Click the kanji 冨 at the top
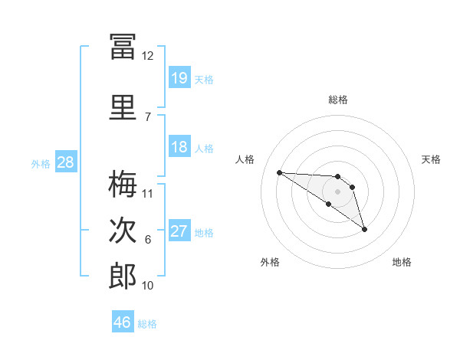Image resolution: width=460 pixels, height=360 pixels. [123, 47]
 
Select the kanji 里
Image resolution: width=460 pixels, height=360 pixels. [123, 107]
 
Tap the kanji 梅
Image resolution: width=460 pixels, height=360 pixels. [123, 184]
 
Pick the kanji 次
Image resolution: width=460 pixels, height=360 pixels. [123, 230]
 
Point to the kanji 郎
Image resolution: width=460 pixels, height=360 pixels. [123, 276]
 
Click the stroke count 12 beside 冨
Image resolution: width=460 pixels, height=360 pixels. [147, 56]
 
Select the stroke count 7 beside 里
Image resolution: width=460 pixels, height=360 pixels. [148, 117]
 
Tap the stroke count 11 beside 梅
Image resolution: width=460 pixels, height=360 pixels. [147, 194]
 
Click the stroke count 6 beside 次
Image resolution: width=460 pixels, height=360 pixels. [148, 240]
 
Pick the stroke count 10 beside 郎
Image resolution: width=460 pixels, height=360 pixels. [147, 286]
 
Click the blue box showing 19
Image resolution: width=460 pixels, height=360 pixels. [179, 77]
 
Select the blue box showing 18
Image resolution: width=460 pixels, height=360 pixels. [179, 146]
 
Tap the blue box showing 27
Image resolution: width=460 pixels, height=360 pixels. [179, 230]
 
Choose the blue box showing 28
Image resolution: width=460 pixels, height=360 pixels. [66, 162]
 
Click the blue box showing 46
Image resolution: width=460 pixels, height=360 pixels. [123, 321]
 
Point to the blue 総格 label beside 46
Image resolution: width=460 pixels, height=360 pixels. [147, 324]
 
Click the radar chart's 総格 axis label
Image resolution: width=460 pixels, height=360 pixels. [338, 100]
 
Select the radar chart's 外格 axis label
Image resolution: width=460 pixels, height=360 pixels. [270, 262]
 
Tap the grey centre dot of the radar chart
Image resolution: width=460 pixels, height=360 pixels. [337, 191]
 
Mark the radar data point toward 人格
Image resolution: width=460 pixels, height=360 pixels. [280, 172]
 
